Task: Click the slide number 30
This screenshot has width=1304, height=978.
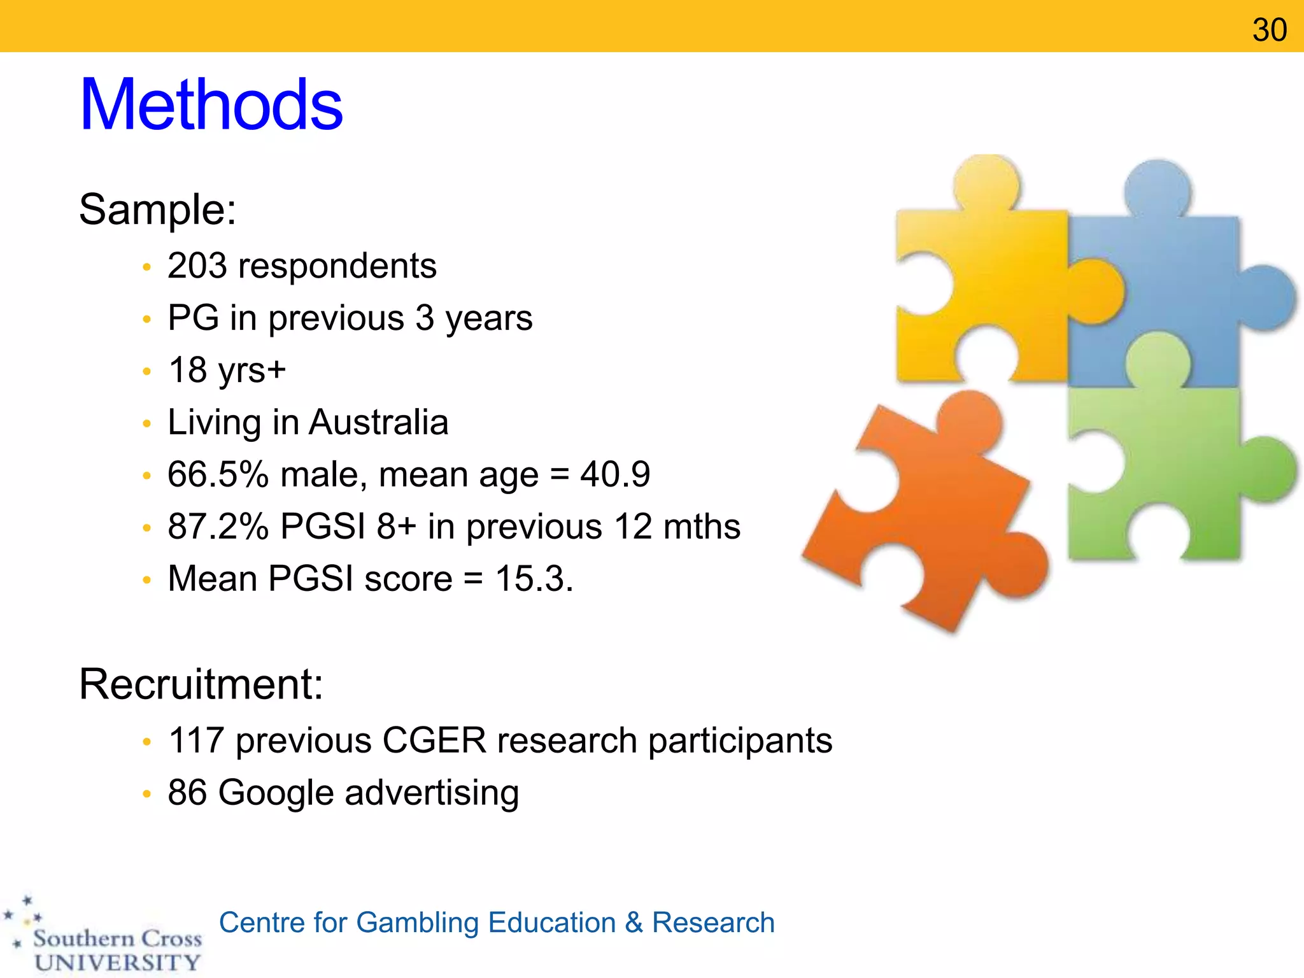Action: pyautogui.click(x=1269, y=30)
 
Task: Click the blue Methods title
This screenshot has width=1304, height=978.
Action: pyautogui.click(x=211, y=104)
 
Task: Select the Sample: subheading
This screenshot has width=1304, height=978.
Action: pyautogui.click(x=157, y=209)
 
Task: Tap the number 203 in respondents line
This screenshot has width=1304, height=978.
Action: pyautogui.click(x=197, y=266)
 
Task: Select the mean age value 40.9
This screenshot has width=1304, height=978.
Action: pyautogui.click(x=615, y=475)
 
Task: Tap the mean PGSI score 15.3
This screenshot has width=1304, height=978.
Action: pyautogui.click(x=532, y=579)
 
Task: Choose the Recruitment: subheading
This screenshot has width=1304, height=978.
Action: pyautogui.click(x=201, y=684)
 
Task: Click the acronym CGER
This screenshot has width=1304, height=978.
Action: pyautogui.click(x=434, y=741)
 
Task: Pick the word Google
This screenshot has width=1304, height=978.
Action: pyautogui.click(x=276, y=793)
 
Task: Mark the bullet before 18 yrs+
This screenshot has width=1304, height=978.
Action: pyautogui.click(x=147, y=372)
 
